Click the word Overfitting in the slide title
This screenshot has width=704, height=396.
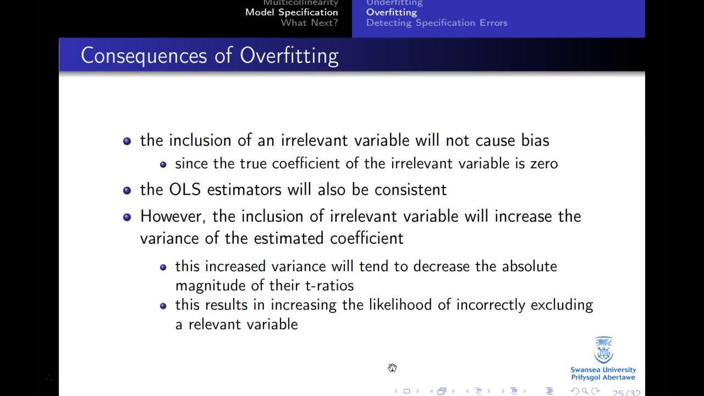coord(289,56)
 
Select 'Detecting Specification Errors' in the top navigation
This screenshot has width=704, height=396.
coord(437,23)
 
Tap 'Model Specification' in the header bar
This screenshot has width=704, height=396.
coord(291,12)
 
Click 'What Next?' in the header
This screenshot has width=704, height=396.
coord(309,23)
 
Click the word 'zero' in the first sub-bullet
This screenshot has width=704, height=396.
coord(543,163)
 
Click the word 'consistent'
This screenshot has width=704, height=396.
coord(410,190)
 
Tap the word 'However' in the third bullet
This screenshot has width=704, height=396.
coord(172,216)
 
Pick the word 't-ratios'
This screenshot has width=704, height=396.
coord(329,285)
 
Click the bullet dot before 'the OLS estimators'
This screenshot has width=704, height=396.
coord(127,190)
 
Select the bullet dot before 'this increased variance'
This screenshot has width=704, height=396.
coord(163,267)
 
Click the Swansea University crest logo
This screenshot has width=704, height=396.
coord(603,350)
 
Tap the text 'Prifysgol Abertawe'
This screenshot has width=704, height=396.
coord(603,377)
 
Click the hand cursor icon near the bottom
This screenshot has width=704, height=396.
coord(392,368)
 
